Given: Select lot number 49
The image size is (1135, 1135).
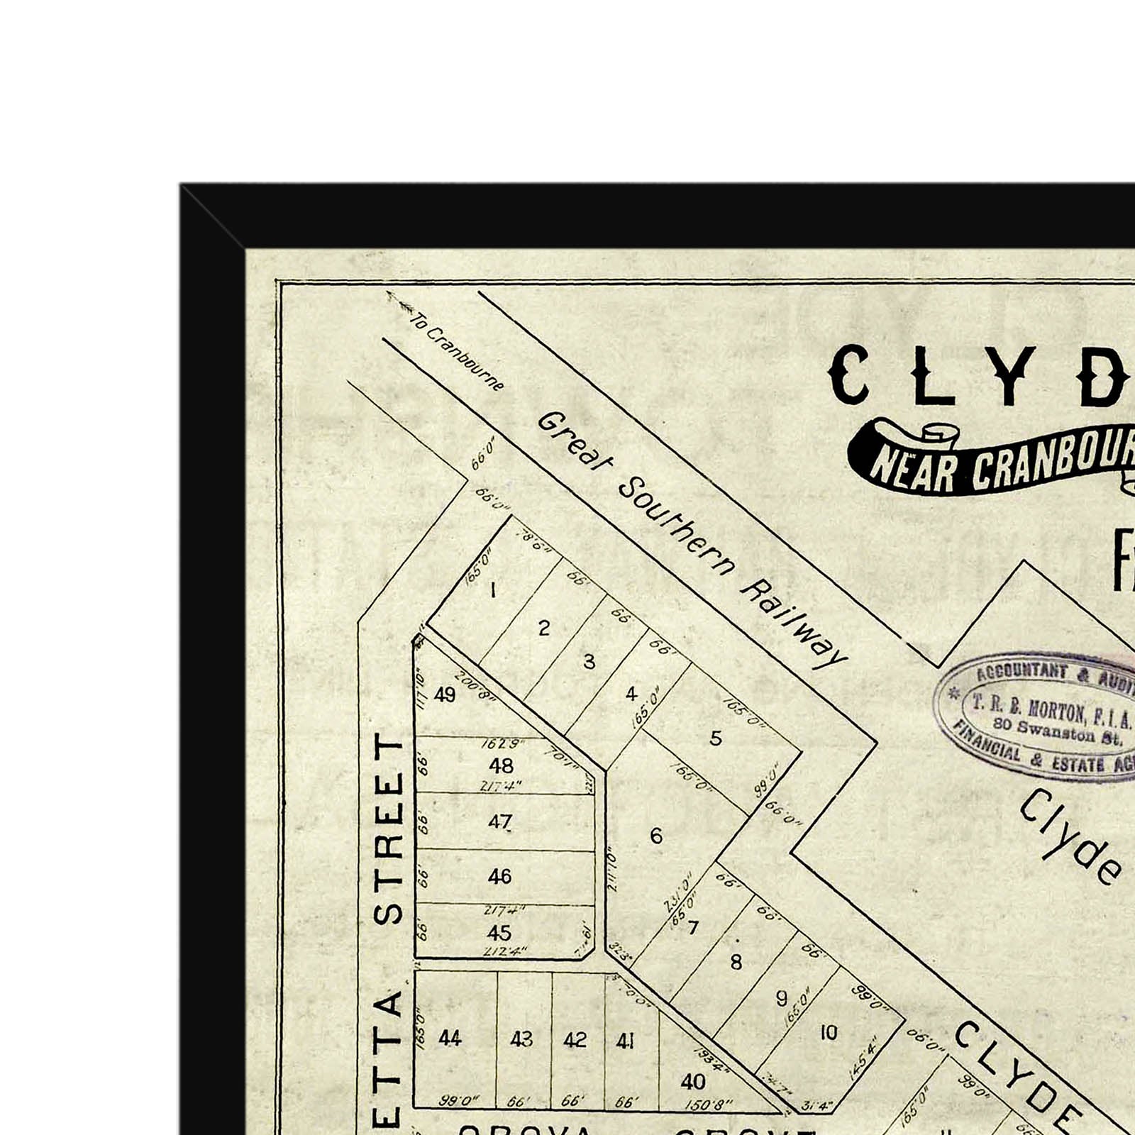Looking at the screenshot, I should (445, 694).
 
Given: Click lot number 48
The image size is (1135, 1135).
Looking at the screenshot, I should (501, 765).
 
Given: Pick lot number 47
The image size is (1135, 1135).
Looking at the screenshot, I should (499, 821).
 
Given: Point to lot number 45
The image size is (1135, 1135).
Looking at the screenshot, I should (499, 932).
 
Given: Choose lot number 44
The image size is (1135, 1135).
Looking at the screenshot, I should (450, 1039).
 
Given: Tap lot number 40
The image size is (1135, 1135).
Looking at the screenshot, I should (692, 1081).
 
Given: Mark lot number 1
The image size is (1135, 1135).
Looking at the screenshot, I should (493, 589).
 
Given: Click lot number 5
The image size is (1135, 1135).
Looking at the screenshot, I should (715, 738).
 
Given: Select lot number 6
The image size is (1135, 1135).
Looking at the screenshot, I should (656, 836).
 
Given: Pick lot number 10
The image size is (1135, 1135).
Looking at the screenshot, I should (829, 1033).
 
